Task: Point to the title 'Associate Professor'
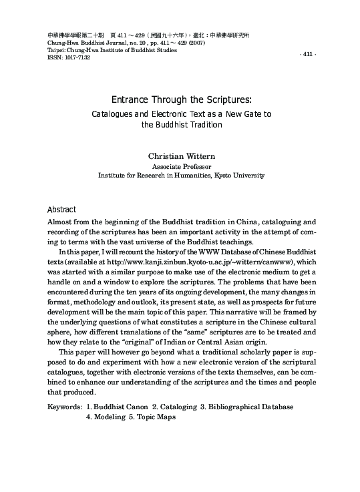tap(180, 166)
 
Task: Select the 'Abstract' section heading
tap(61, 209)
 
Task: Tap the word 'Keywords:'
tap(65, 407)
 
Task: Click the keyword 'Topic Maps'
tap(156, 417)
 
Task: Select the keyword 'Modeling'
tap(107, 417)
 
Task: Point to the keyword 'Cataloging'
tap(171, 407)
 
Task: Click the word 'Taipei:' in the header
tap(57, 50)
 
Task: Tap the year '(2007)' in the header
tap(198, 43)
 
